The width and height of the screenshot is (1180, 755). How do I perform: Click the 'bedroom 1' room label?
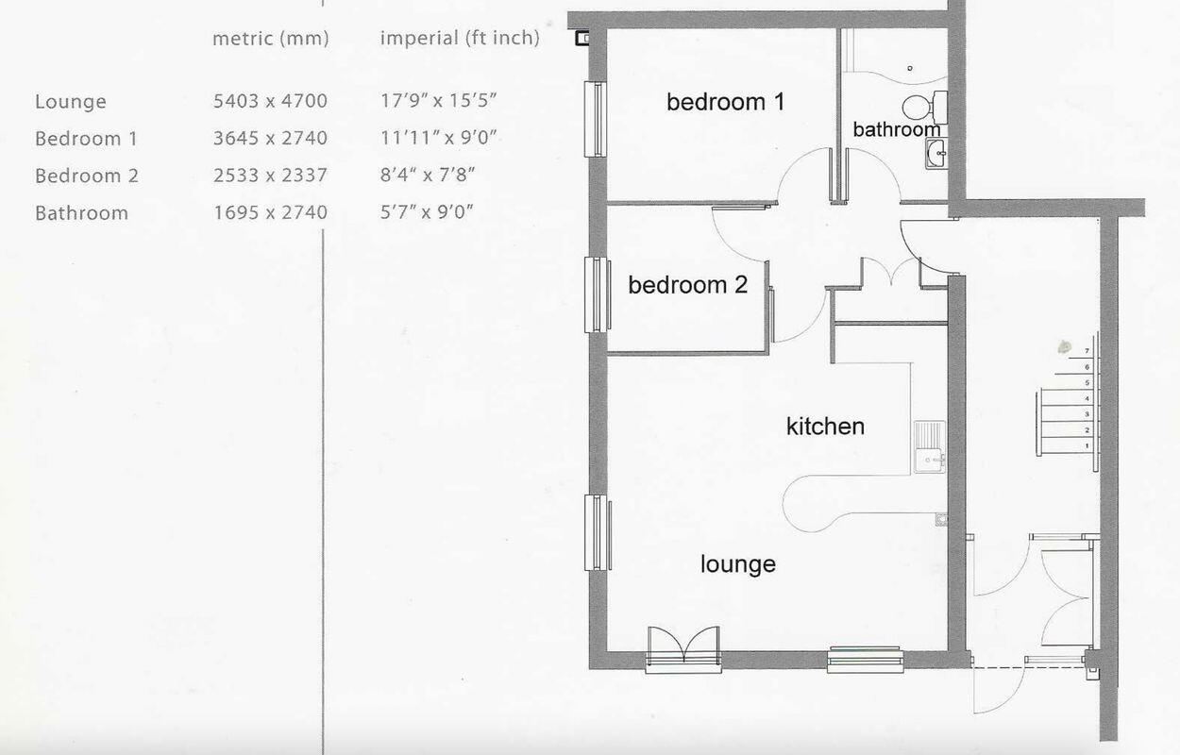click(x=725, y=102)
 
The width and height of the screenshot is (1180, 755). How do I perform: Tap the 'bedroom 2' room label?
click(x=687, y=284)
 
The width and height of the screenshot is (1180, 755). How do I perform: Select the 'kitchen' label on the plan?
click(x=825, y=427)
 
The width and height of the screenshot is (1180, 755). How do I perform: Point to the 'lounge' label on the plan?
click(x=737, y=564)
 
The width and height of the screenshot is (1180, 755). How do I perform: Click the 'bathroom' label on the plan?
click(x=896, y=130)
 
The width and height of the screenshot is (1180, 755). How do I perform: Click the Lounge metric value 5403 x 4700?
click(x=270, y=101)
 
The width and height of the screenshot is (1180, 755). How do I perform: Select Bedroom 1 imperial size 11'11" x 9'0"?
click(x=438, y=138)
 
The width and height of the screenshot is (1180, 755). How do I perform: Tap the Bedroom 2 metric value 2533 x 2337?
click(x=270, y=176)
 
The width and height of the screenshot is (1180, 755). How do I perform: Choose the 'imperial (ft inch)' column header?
click(x=460, y=39)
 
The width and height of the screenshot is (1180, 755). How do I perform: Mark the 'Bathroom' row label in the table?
click(x=81, y=213)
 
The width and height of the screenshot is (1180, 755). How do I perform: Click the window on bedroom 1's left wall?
click(x=597, y=119)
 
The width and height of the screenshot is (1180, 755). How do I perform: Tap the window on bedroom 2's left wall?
click(x=597, y=294)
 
